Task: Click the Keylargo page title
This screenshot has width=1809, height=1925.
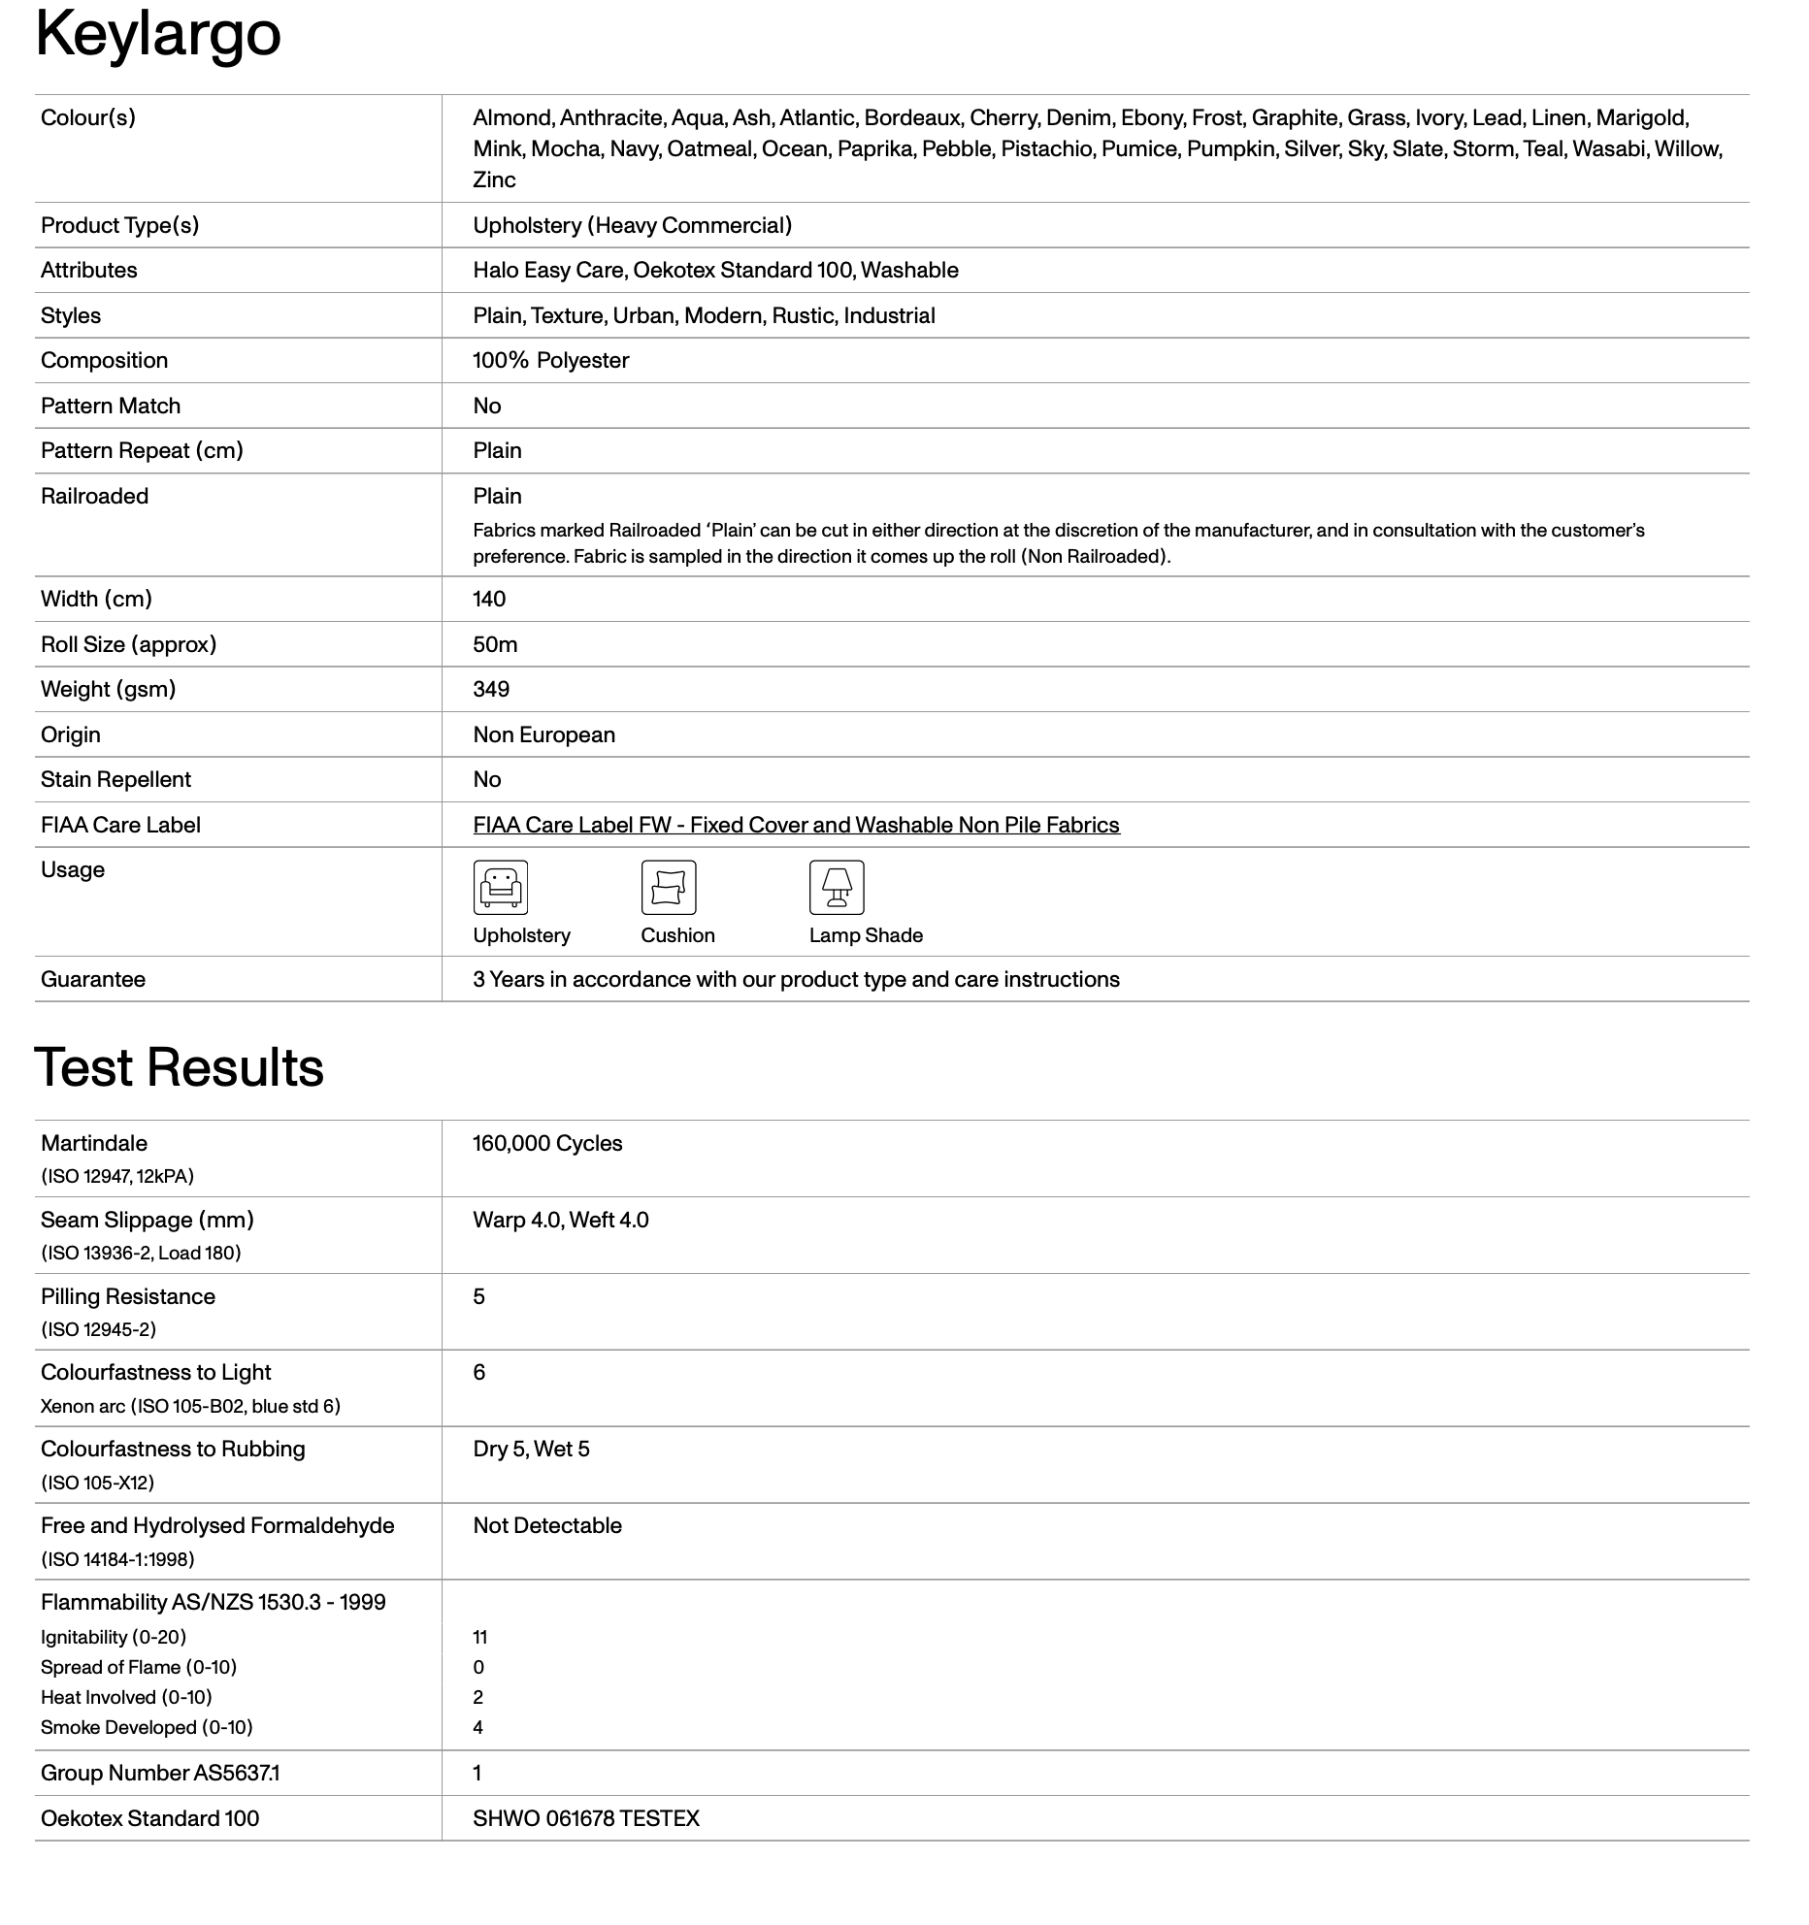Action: [x=158, y=34]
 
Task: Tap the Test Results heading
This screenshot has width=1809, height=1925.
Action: [x=180, y=1067]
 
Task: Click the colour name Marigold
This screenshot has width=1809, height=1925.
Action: [x=1642, y=118]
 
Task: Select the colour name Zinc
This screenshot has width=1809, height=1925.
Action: [x=494, y=180]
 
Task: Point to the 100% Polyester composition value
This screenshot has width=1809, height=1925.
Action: [x=550, y=361]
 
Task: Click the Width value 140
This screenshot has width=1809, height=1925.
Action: [x=489, y=600]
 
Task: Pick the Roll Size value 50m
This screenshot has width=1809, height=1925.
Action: [x=495, y=645]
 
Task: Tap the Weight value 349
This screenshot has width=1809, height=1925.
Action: [x=491, y=690]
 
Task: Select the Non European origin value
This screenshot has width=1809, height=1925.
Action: [x=543, y=735]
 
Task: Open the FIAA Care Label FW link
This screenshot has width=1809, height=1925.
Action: [x=796, y=826]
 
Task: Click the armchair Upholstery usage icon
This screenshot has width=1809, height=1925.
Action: [x=501, y=888]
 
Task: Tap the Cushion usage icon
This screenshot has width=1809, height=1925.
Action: [x=669, y=888]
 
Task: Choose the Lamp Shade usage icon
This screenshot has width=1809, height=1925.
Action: [x=837, y=888]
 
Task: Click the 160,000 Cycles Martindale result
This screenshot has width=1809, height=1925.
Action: [x=547, y=1144]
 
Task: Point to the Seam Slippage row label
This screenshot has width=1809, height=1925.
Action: [x=147, y=1221]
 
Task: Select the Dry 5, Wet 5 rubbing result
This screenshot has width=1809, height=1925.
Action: [x=531, y=1450]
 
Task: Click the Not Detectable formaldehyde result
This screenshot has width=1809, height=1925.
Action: [x=547, y=1526]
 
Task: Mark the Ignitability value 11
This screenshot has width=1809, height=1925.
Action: [x=480, y=1638]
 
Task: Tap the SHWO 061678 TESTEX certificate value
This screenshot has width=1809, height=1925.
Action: [x=586, y=1819]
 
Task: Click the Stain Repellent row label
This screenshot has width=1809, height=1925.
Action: [x=115, y=780]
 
